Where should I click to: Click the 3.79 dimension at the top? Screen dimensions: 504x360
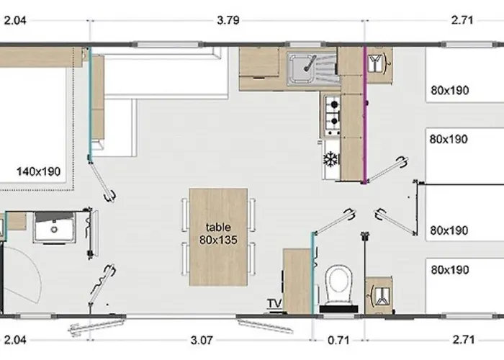coord(228,20)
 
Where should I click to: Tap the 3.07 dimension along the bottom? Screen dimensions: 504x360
coord(202,340)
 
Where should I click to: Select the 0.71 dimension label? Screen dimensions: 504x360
coord(338,340)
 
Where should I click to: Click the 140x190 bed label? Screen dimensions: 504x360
coord(39,171)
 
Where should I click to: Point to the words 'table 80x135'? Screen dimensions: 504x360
coord(218,233)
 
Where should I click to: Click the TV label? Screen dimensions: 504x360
coord(274,303)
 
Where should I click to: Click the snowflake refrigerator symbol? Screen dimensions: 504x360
coord(330,159)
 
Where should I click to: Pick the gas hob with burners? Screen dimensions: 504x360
coord(333,115)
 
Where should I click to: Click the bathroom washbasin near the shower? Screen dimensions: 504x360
coord(55,227)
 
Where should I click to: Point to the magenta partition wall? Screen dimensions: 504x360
coord(364,115)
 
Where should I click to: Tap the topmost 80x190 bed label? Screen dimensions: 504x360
coord(450,90)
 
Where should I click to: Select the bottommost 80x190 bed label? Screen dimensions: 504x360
coord(450,270)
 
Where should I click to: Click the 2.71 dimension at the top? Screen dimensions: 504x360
coord(462,20)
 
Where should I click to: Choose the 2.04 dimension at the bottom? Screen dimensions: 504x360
coord(15,340)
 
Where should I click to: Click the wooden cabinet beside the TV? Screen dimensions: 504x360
coord(297,282)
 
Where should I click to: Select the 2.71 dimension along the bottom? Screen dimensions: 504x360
coord(463,340)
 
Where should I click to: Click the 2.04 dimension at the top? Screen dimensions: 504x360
coord(15,20)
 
